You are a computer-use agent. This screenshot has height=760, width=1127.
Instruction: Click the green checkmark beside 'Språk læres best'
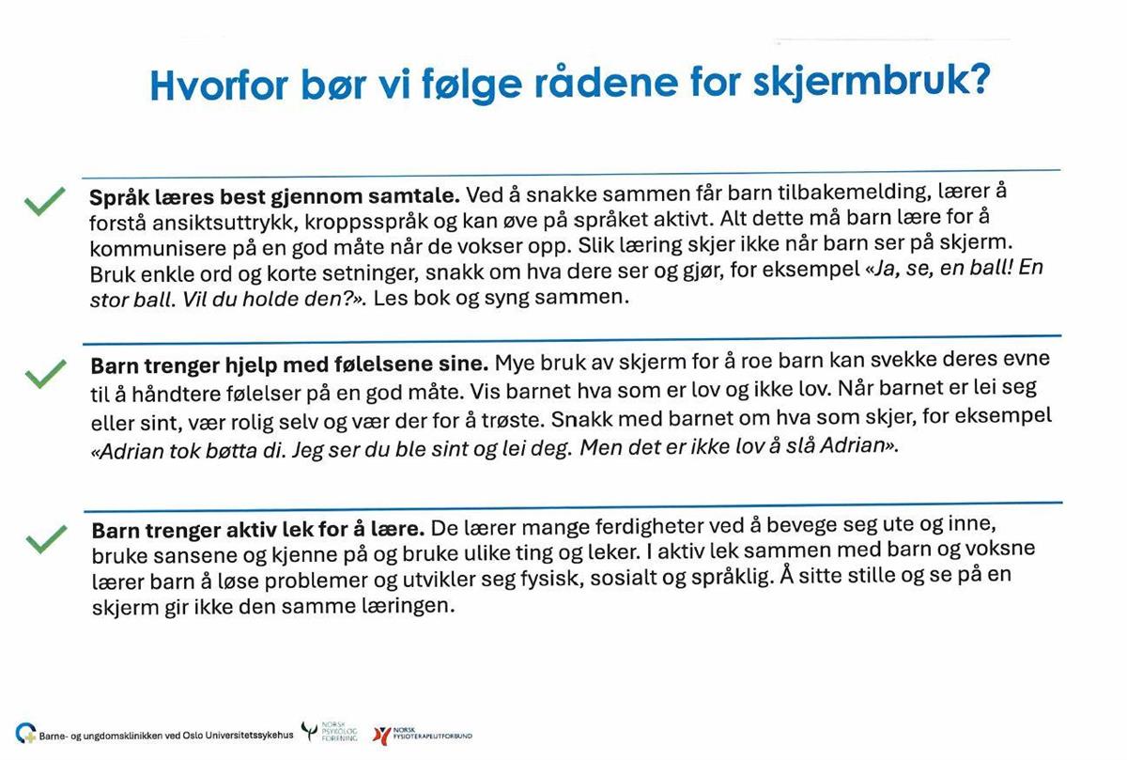click(44, 202)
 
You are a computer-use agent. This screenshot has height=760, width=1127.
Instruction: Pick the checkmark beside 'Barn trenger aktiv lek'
click(45, 539)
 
